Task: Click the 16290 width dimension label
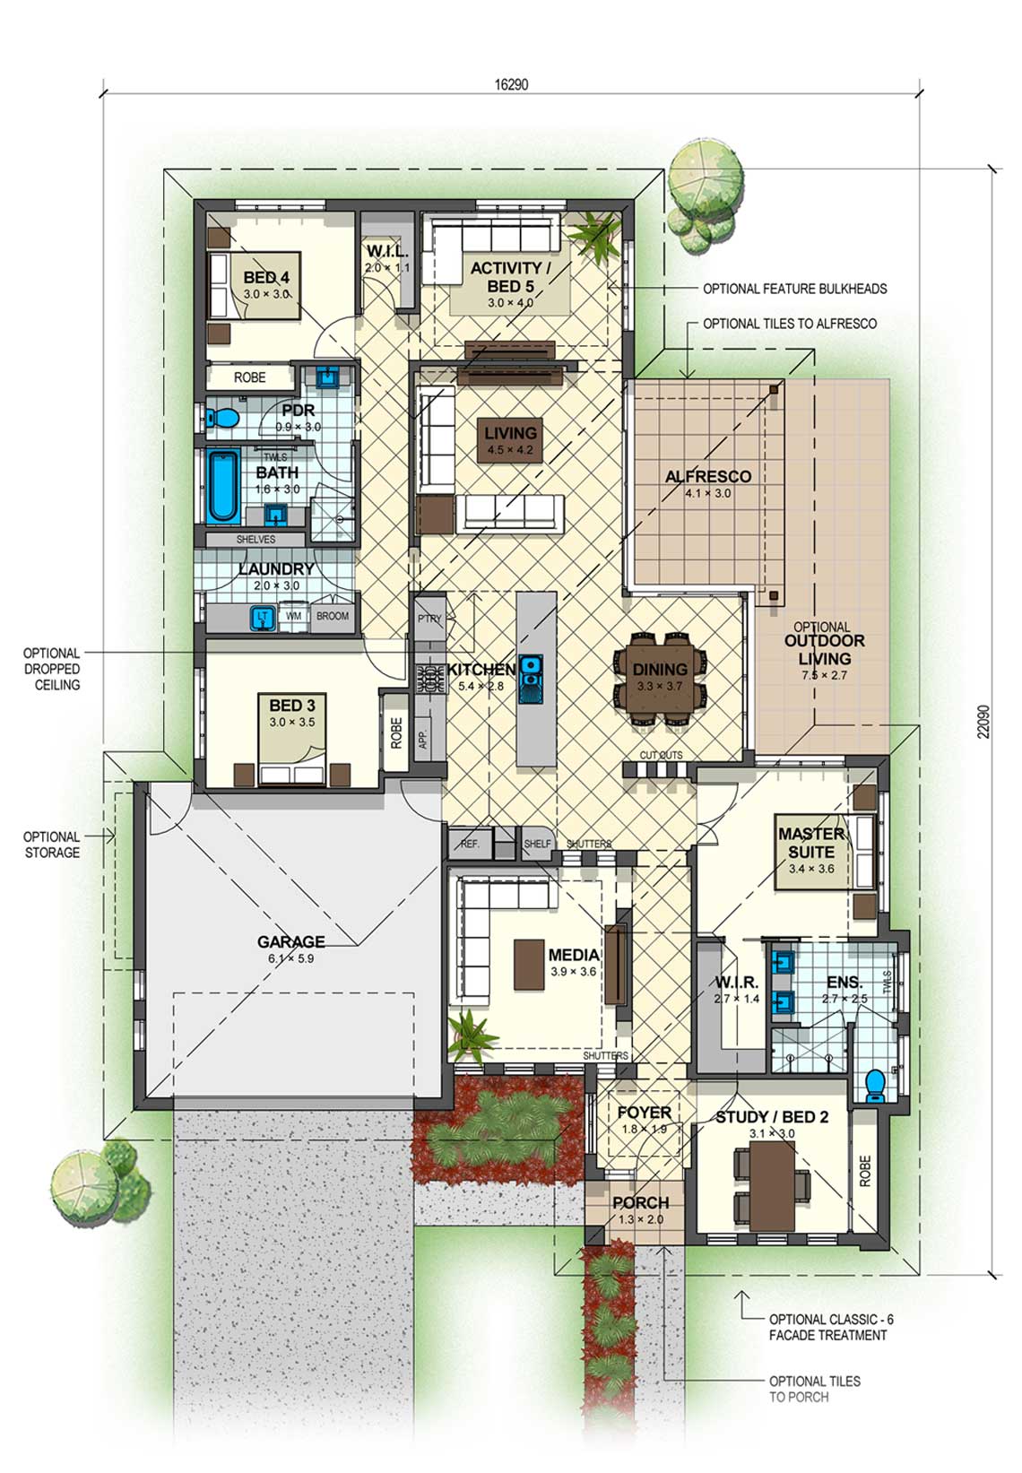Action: coord(511,84)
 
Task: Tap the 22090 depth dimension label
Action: coord(983,722)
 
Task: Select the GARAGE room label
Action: coord(290,941)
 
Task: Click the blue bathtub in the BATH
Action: coord(223,487)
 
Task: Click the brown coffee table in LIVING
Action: coord(510,440)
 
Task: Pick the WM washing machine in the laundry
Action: coord(293,617)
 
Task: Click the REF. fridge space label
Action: coord(471,844)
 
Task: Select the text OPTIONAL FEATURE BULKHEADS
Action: coord(794,289)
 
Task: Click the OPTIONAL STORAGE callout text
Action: coord(52,845)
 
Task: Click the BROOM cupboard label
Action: coord(332,616)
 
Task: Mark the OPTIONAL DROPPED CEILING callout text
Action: coord(52,669)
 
